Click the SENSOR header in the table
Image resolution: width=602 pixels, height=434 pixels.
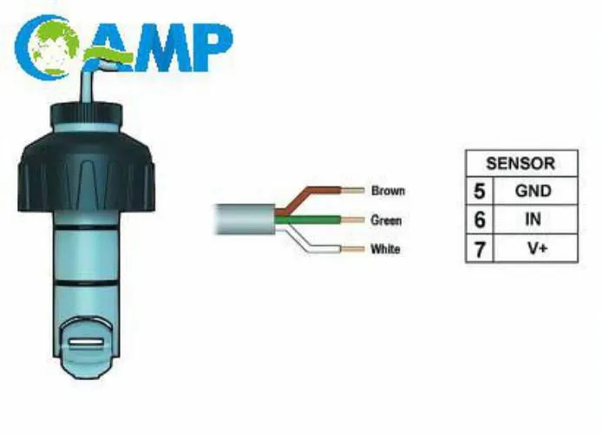coord(520,163)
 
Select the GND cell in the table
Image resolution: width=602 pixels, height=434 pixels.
coord(533,191)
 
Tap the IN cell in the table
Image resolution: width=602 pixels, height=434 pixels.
coord(533,220)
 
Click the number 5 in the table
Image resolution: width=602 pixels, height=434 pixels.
coord(479,191)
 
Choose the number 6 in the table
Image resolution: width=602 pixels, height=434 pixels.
coord(480,220)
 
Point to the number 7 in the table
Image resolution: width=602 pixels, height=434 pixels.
coord(480,249)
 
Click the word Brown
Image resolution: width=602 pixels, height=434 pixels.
coord(388,190)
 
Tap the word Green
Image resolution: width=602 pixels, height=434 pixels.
coord(386,220)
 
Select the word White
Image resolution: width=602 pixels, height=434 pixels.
coord(385,249)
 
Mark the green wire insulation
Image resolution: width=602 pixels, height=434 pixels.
coord(308,220)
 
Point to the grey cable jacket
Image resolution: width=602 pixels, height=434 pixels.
coord(245,219)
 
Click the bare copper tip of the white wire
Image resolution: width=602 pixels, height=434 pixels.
coord(352,249)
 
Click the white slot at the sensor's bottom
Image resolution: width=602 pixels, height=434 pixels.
coord(86,342)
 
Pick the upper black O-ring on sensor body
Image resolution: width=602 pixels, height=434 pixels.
coord(86,227)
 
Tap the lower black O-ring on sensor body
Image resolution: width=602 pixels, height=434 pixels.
coord(86,284)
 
